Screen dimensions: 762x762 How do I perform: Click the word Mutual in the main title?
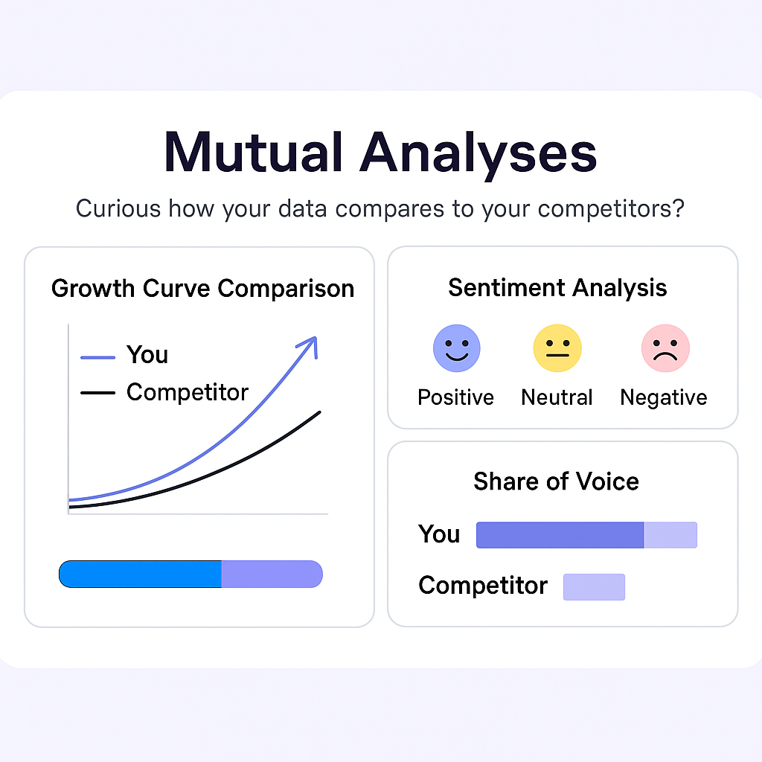pyautogui.click(x=253, y=152)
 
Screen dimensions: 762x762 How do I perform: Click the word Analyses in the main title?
pyautogui.click(x=478, y=156)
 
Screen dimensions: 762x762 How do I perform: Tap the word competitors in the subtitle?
pyautogui.click(x=611, y=209)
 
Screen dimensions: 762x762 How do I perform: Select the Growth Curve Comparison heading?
pyautogui.click(x=202, y=289)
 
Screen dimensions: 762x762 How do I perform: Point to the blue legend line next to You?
pyautogui.click(x=97, y=358)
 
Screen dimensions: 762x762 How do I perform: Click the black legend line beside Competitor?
pyautogui.click(x=97, y=393)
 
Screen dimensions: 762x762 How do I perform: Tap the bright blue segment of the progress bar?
pyautogui.click(x=141, y=574)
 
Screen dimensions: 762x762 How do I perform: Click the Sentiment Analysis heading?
pyautogui.click(x=557, y=288)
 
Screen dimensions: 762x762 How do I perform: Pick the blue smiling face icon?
pyautogui.click(x=457, y=348)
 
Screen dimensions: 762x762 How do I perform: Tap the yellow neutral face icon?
pyautogui.click(x=557, y=348)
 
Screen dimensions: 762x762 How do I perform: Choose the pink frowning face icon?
pyautogui.click(x=665, y=348)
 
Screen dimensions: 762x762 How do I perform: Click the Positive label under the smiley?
pyautogui.click(x=456, y=397)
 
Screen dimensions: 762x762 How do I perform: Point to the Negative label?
pyautogui.click(x=664, y=398)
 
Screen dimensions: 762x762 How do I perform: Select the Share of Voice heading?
pyautogui.click(x=557, y=481)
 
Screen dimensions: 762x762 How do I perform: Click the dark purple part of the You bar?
pyautogui.click(x=560, y=535)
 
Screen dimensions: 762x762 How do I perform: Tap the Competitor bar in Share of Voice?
pyautogui.click(x=595, y=587)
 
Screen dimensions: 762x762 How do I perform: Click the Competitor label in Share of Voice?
pyautogui.click(x=483, y=586)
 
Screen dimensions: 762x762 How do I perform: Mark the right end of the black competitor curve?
pyautogui.click(x=320, y=412)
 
